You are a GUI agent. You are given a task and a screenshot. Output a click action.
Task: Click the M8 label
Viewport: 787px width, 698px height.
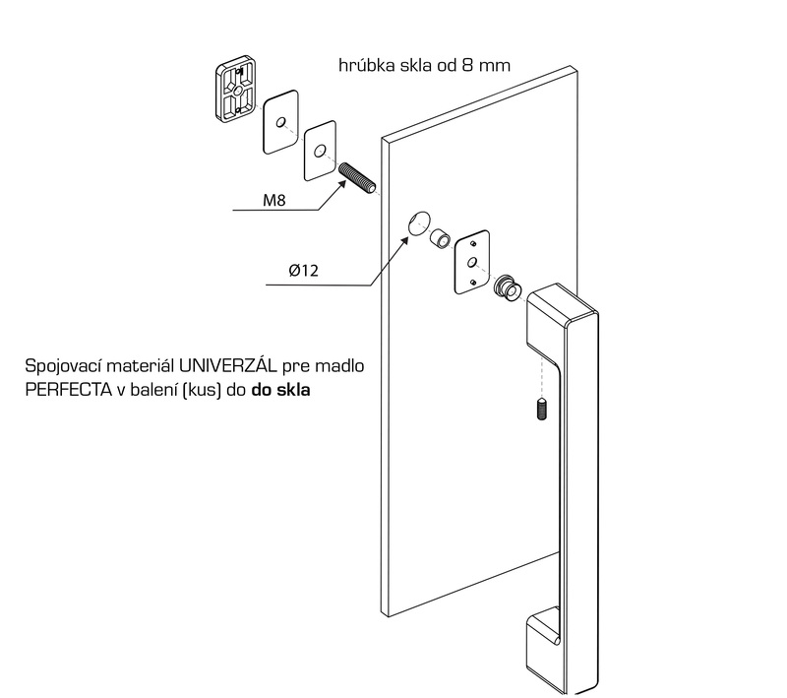[274, 201]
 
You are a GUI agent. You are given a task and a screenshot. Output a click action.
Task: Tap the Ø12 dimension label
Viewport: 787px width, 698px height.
[304, 271]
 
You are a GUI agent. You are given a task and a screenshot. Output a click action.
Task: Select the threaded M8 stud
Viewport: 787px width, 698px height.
[357, 179]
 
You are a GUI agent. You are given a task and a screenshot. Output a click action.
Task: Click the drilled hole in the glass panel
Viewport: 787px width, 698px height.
[419, 223]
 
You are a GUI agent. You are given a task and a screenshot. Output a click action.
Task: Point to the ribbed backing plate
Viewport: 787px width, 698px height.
[236, 89]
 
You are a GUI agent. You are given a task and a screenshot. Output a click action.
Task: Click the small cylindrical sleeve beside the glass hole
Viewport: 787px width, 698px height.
[440, 238]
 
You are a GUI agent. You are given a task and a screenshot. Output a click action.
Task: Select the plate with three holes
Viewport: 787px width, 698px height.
[471, 262]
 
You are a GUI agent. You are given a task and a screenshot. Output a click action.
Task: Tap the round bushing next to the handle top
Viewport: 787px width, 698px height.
[508, 287]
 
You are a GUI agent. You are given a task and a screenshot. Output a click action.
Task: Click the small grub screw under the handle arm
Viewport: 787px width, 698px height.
[542, 410]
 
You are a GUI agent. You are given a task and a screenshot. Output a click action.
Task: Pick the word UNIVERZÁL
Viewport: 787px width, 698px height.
[227, 365]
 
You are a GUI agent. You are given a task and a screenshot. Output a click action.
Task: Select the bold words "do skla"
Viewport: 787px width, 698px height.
[281, 390]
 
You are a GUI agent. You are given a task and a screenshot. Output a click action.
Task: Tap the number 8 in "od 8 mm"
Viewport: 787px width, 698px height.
[467, 65]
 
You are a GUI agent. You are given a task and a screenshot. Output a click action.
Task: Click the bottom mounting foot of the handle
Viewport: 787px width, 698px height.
[543, 647]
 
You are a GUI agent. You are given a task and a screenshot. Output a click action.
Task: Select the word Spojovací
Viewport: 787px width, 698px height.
[64, 366]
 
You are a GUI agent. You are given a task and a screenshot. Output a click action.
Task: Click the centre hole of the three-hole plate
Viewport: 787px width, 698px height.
[472, 262]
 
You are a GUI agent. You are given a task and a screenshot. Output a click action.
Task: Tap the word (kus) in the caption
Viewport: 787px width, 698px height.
[203, 390]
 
